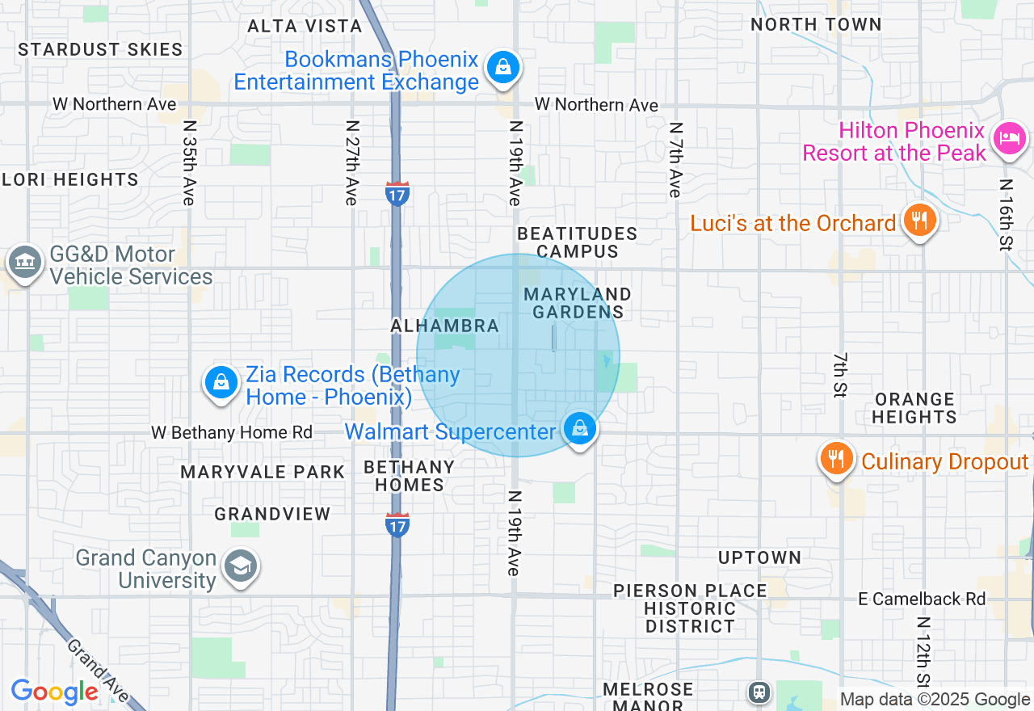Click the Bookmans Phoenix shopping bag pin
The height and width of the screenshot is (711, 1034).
(x=503, y=68)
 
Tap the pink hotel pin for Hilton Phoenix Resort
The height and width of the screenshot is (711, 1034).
(x=1010, y=139)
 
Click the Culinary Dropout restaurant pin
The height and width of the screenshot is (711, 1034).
(x=837, y=459)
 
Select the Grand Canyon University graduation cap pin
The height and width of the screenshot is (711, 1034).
(x=240, y=567)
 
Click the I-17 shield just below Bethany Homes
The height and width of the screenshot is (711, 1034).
(x=397, y=525)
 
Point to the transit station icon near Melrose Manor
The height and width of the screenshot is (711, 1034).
(x=759, y=692)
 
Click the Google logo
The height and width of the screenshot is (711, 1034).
(x=54, y=692)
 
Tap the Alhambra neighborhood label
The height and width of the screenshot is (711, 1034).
(x=444, y=326)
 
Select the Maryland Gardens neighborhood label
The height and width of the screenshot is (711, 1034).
(x=577, y=303)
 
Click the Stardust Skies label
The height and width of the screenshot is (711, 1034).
(x=100, y=50)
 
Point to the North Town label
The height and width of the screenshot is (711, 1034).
(x=816, y=24)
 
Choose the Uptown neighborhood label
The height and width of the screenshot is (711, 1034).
(x=759, y=557)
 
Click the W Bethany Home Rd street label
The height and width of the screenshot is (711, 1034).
(x=231, y=433)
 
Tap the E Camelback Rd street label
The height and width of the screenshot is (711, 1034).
(x=922, y=599)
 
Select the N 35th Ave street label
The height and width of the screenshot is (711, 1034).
(x=190, y=163)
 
